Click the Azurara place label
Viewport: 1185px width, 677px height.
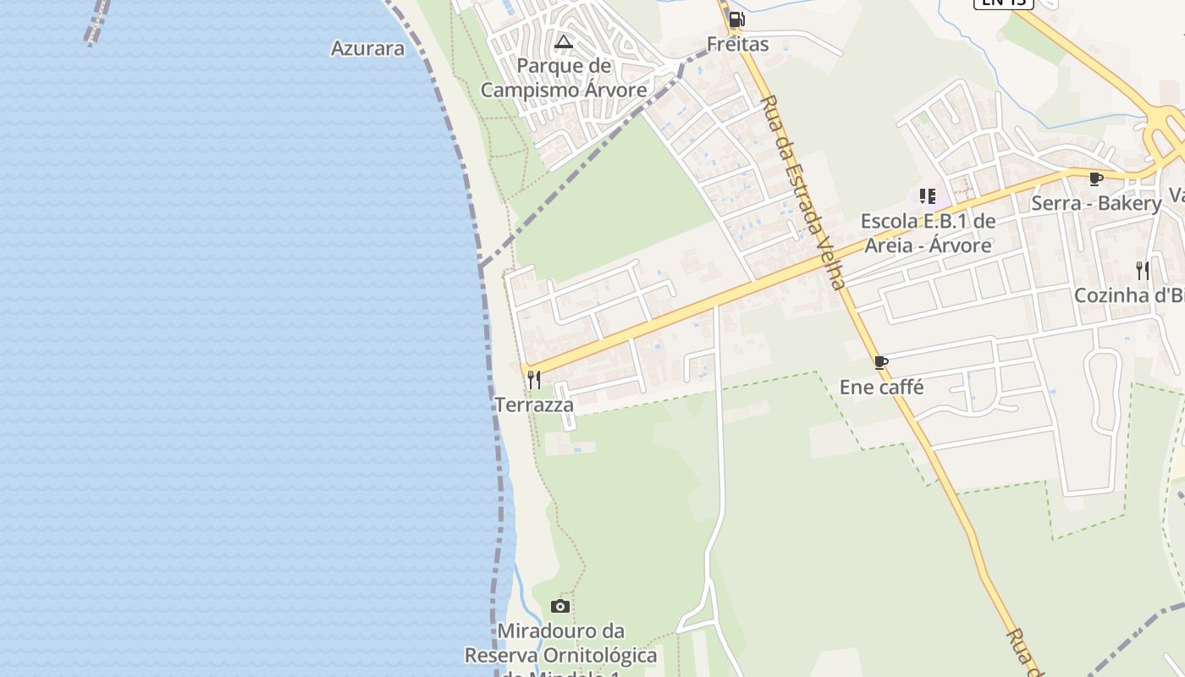[x=367, y=48]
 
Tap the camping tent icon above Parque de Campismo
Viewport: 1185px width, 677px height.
[x=564, y=41]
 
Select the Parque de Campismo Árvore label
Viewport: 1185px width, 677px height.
[x=564, y=78]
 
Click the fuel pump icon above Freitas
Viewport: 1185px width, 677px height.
[x=736, y=19]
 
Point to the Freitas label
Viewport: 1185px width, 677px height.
[x=738, y=44]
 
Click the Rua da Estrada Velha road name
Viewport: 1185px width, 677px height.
[x=802, y=192]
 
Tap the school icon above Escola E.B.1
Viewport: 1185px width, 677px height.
[x=928, y=196]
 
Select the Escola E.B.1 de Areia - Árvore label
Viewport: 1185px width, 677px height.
[x=928, y=234]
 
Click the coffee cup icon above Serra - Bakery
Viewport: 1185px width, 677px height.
[x=1095, y=179]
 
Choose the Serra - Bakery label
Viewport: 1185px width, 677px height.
[x=1096, y=203]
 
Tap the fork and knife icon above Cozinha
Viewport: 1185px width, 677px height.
[x=1143, y=271]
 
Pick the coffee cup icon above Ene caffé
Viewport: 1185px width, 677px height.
[x=881, y=363]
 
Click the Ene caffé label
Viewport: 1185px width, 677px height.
[x=881, y=388]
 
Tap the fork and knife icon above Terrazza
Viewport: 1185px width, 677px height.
[x=534, y=380]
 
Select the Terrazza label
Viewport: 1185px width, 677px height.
[x=534, y=405]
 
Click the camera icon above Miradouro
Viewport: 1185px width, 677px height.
[x=559, y=606]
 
